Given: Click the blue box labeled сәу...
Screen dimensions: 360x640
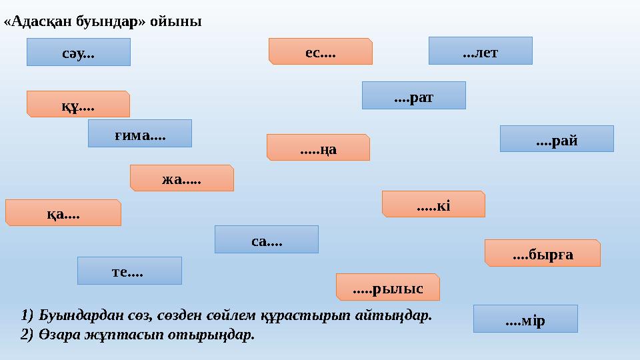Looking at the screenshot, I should [78, 52].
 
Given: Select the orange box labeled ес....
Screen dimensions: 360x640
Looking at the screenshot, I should [320, 51].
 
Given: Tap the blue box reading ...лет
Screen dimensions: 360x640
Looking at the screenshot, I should [480, 51].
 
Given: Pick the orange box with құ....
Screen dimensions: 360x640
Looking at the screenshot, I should [78, 104].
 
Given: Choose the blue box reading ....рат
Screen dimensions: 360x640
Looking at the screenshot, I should [413, 95].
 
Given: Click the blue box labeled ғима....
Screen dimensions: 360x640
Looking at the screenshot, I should [139, 133].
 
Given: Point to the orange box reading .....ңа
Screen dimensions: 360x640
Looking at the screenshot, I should [318, 147].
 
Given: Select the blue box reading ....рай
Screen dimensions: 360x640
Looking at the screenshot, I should [556, 139].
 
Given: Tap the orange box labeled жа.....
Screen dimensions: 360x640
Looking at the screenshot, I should [181, 178].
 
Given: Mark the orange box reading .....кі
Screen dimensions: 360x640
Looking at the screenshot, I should [433, 204].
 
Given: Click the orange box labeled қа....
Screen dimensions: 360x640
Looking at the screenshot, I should [63, 213].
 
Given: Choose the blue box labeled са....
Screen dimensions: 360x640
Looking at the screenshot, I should [266, 239].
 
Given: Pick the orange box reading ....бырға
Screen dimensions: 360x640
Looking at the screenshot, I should [542, 253].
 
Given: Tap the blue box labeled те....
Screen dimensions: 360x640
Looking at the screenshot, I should [129, 271].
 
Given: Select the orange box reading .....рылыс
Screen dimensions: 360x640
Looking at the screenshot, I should [387, 287].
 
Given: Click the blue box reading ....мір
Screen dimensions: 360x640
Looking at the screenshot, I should [525, 319].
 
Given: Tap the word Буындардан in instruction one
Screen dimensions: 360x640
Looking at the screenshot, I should [71, 315].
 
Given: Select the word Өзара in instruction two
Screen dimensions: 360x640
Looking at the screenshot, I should [55, 335].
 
